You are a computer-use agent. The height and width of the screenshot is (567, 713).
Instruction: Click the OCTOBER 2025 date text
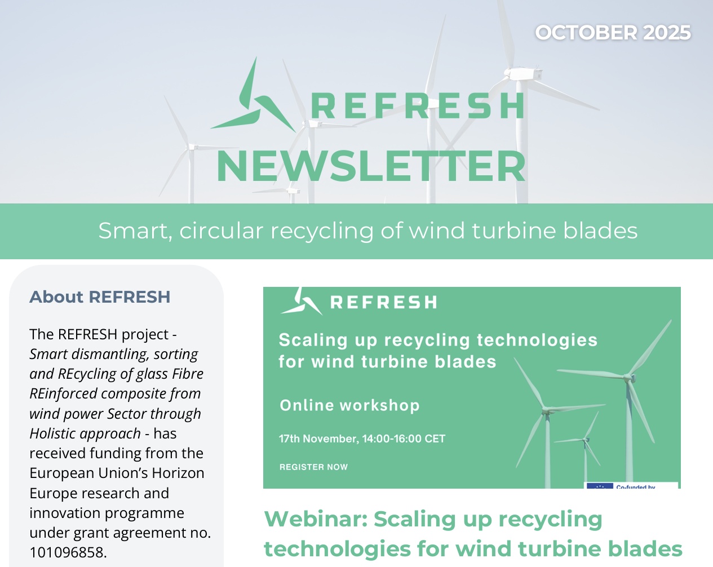click(x=613, y=33)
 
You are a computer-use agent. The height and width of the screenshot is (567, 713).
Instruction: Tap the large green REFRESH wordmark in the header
click(x=418, y=106)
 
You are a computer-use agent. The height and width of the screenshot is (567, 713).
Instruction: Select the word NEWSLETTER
click(x=371, y=166)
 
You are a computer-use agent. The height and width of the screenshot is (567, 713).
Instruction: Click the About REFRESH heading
click(x=100, y=296)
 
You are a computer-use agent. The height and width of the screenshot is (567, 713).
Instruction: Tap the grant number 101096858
click(x=68, y=552)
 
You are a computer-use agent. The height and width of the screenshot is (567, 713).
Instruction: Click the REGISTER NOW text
click(x=313, y=467)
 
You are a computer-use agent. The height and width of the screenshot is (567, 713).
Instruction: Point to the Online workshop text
click(x=349, y=405)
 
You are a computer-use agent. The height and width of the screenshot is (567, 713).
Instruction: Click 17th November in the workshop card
click(x=318, y=438)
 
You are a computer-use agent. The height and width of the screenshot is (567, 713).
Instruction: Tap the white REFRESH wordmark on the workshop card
click(x=384, y=302)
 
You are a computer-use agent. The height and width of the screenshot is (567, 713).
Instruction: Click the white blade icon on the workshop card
click(x=302, y=301)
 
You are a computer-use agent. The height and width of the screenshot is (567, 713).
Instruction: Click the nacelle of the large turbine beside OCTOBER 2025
click(x=523, y=74)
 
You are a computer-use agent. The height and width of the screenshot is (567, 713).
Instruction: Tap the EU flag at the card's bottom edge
click(x=600, y=486)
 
